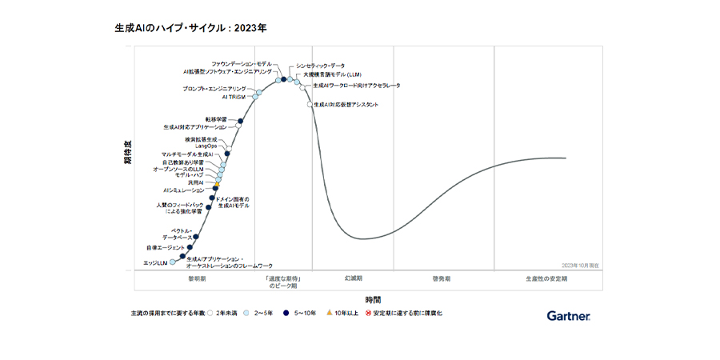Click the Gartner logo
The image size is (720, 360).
click(x=569, y=316)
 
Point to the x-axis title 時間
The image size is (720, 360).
click(x=374, y=298)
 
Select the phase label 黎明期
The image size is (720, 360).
click(x=197, y=279)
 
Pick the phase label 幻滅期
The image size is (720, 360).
click(x=354, y=279)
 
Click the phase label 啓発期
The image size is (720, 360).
click(x=442, y=279)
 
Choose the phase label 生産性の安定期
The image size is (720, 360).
click(x=547, y=279)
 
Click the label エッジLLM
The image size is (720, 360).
click(x=155, y=262)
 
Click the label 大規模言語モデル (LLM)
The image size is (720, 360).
click(x=332, y=74)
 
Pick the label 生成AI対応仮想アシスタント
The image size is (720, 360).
click(x=346, y=105)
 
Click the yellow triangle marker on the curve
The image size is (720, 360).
click(x=216, y=185)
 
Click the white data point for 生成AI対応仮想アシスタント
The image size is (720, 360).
click(x=310, y=105)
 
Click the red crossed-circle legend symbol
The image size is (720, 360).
click(x=368, y=312)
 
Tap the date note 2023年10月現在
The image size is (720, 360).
click(x=581, y=264)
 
